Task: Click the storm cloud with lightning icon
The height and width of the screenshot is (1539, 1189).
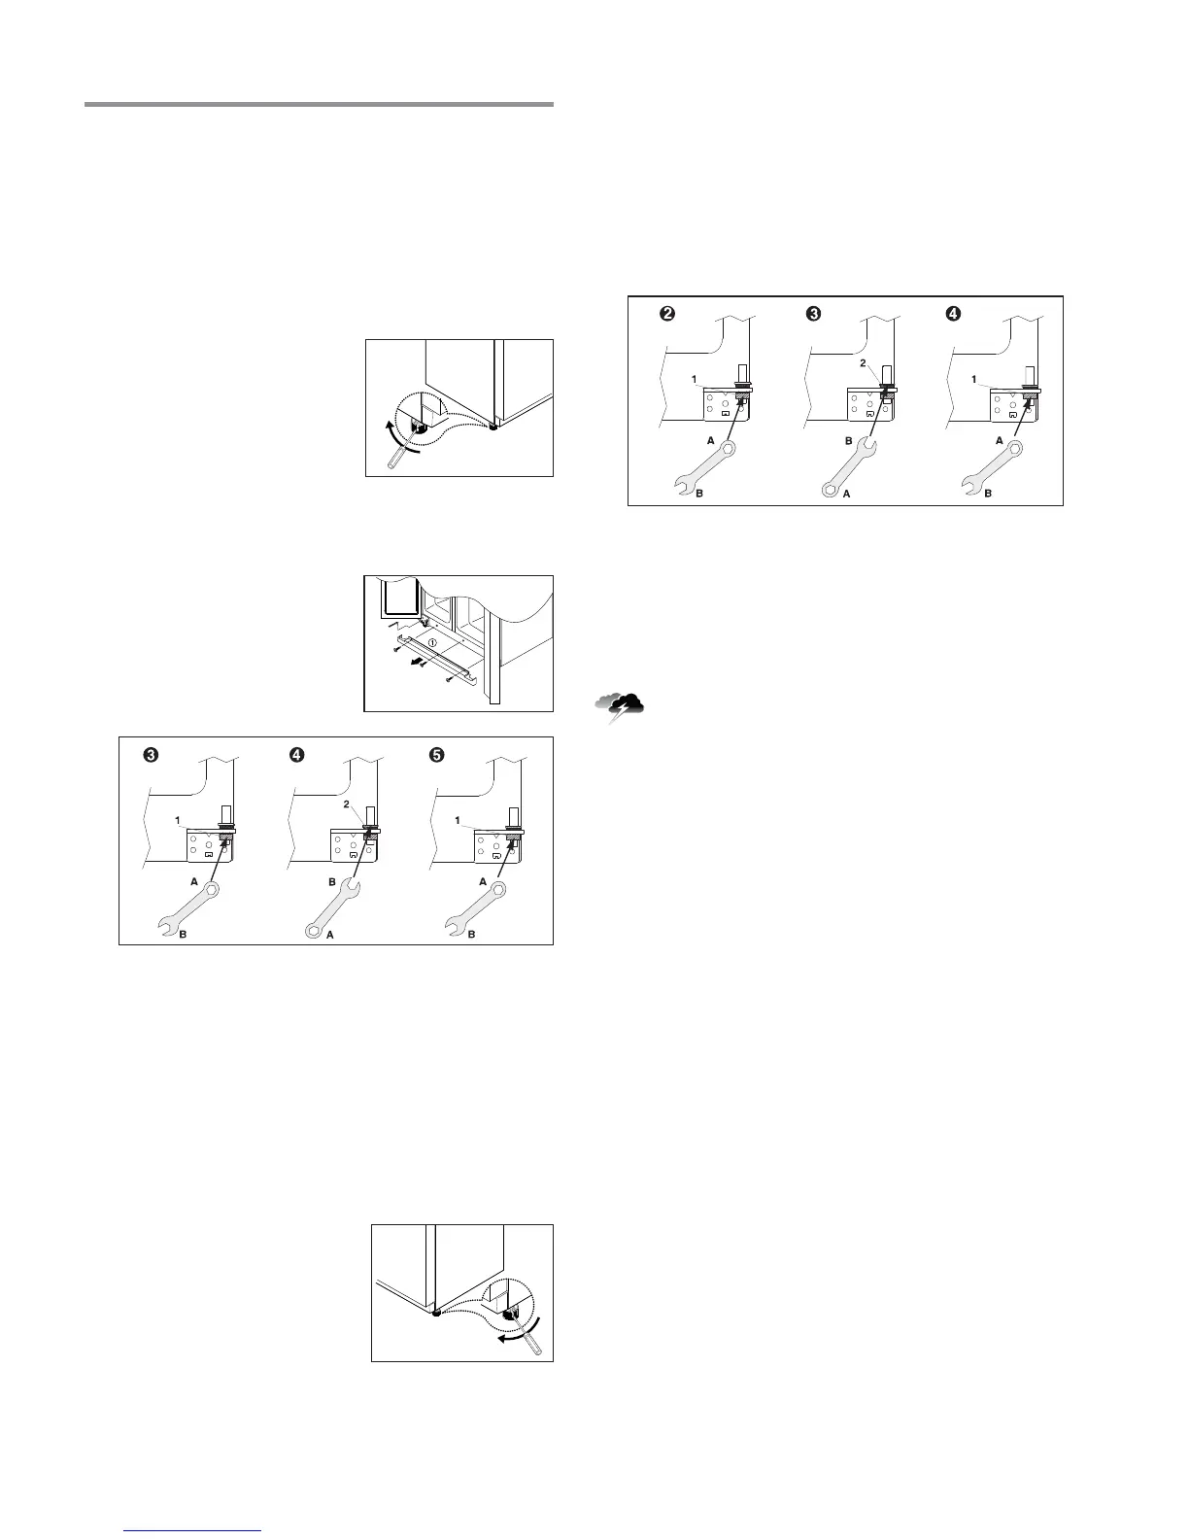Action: [623, 707]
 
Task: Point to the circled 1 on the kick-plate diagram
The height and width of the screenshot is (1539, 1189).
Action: [433, 643]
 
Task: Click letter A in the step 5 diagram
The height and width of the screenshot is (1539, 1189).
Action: [482, 880]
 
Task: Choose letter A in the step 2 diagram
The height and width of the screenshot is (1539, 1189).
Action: [711, 439]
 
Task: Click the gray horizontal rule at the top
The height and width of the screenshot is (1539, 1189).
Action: [319, 103]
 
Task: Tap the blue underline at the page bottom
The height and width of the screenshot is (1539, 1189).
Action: [193, 1529]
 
